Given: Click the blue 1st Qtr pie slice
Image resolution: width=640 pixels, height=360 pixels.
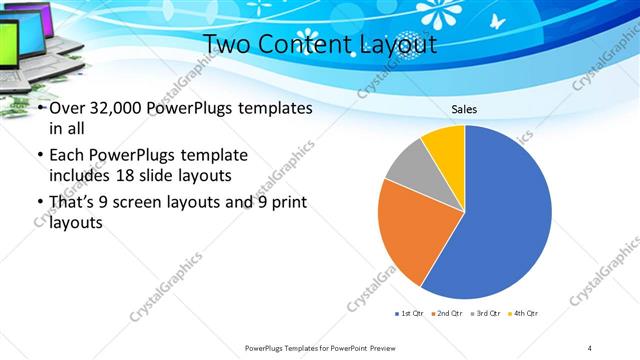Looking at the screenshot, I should [505, 220].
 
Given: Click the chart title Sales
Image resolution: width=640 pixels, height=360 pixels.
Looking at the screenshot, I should [465, 109].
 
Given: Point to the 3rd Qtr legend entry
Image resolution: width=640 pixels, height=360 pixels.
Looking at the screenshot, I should [485, 313].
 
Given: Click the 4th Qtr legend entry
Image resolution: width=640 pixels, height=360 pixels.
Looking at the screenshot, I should [523, 313].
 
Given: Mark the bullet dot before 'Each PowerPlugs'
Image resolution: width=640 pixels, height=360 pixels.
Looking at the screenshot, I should [39, 156].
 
